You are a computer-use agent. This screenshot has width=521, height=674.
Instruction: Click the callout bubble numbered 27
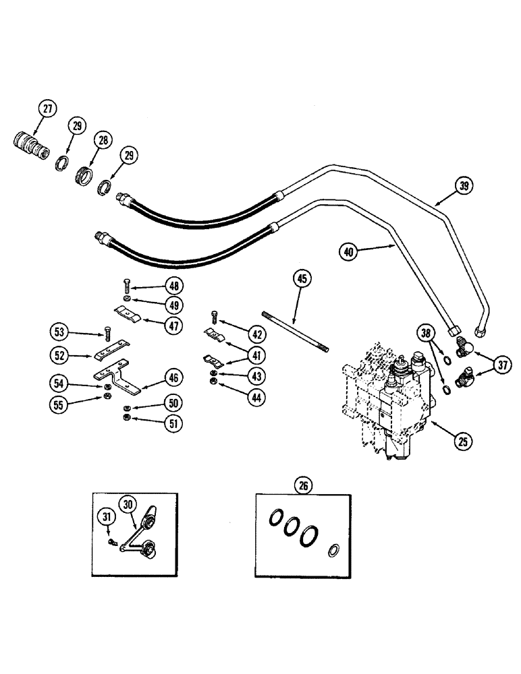tap(46, 110)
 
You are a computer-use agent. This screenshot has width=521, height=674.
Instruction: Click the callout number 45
tap(302, 278)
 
